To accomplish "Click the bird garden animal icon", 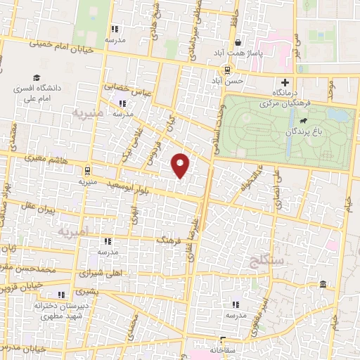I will coord(302,121).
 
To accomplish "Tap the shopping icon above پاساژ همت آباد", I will coord(238,42).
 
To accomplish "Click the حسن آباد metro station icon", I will coord(226,70).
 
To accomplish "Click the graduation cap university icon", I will coord(36,78).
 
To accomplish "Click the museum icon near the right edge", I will coord(323,284).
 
